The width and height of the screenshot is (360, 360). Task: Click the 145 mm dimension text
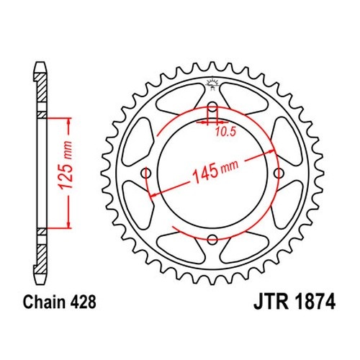(216, 171)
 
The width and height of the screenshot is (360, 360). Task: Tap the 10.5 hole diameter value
(225, 132)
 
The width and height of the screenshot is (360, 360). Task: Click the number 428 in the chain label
(84, 302)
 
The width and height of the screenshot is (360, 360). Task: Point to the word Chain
(44, 302)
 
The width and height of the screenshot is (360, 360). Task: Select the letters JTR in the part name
(271, 302)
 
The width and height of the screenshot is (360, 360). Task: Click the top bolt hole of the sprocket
(212, 107)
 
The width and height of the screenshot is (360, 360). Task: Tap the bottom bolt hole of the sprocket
(212, 239)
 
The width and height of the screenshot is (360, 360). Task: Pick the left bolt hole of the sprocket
(146, 174)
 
